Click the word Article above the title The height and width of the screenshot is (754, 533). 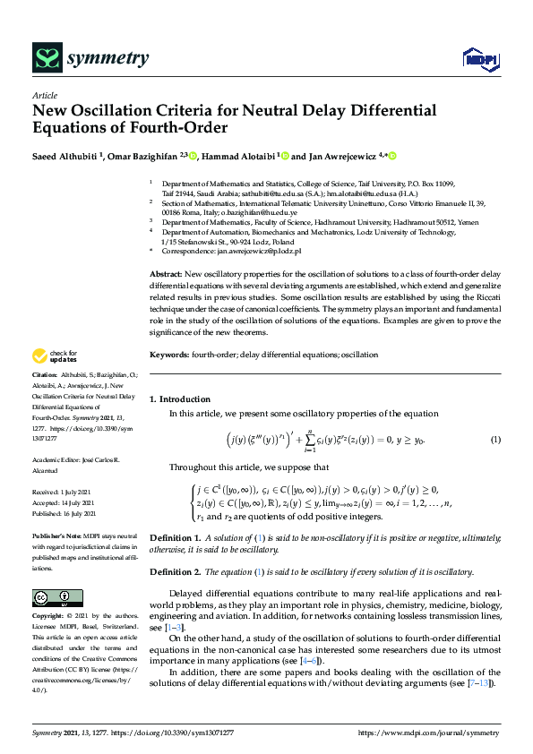[44, 95]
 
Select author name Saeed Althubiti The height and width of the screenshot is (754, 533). [64, 156]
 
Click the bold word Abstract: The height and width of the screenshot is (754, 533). [167, 273]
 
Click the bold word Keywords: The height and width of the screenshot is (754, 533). [168, 355]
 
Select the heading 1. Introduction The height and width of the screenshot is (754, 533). [180, 398]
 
